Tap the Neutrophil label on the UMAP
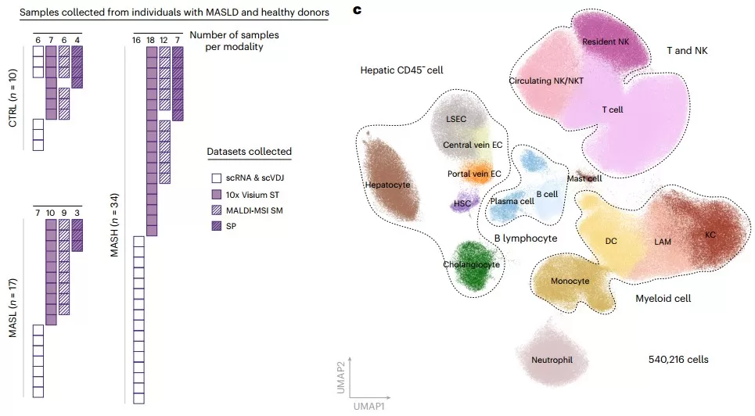[x=552, y=360]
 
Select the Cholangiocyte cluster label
[x=471, y=264]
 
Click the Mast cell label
[x=584, y=178]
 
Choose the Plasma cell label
[x=512, y=201]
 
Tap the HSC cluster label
[x=462, y=204]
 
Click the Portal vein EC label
[x=474, y=173]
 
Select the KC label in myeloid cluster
[x=710, y=235]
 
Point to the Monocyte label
[x=570, y=281]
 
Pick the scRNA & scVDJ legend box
[x=214, y=178]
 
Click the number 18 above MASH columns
[x=151, y=39]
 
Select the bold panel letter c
[x=358, y=10]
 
